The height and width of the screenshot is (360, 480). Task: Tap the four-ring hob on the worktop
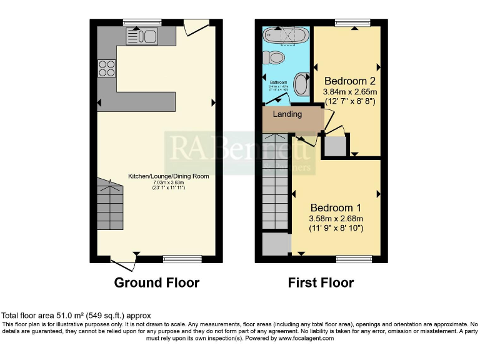point(106,67)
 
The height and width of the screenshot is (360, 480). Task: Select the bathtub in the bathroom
point(286,35)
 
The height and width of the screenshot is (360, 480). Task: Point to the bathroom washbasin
point(301,83)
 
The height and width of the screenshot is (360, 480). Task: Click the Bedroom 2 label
point(350,81)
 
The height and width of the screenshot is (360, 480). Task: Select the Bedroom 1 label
point(336,207)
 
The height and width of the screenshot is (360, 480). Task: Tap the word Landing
point(287,114)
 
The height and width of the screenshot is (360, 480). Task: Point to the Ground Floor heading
point(156,282)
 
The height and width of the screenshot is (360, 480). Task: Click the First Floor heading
point(321,282)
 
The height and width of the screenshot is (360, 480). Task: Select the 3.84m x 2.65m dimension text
point(349,92)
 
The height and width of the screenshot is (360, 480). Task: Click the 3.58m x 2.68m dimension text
point(336,218)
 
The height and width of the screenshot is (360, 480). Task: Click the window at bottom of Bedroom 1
point(354,259)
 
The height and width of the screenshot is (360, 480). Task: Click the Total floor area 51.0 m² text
point(76,316)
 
